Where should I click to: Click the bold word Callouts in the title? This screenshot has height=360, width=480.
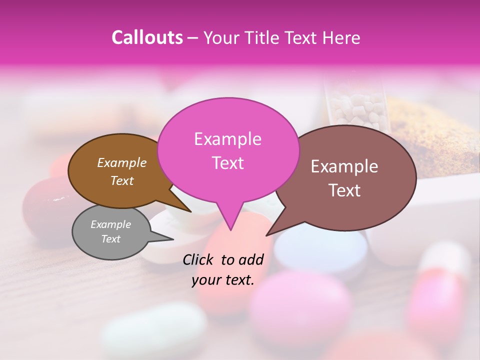pos(147,37)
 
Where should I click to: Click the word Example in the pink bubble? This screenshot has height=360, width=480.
pos(227,139)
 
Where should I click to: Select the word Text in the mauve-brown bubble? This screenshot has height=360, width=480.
pos(345,190)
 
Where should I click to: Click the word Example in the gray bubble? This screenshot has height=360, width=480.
pos(110,224)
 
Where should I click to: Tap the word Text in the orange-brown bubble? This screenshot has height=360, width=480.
pos(122,181)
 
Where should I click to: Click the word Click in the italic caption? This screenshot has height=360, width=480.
pos(199,259)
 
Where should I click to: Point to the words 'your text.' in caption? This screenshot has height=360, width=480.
pos(223,280)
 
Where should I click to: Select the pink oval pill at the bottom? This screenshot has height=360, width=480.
pos(300,305)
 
